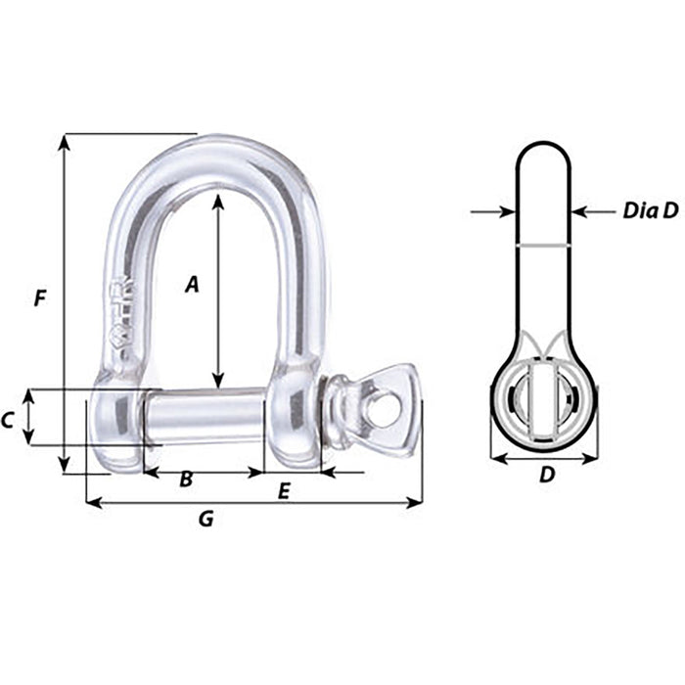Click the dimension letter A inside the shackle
pos(192,284)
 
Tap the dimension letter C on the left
pos(8,420)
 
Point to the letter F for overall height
pos(39,297)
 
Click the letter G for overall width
pos(205,519)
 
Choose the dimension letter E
pos(284,492)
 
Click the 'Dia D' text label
pos(649,210)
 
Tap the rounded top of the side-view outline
pos(543,145)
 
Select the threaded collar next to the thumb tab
pos(340,411)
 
